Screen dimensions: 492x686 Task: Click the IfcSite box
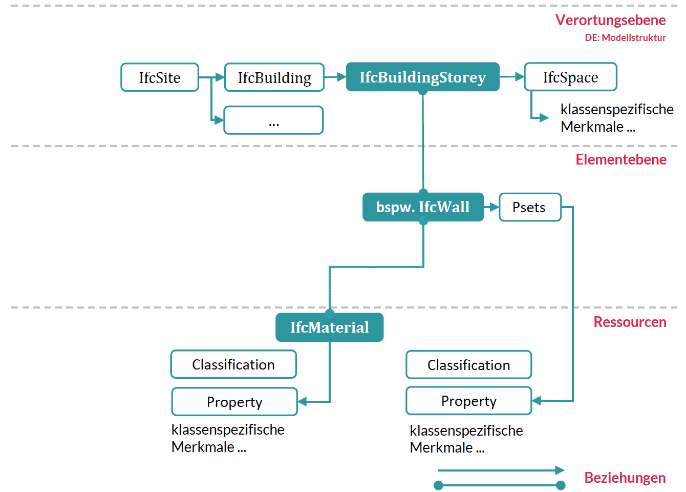160,77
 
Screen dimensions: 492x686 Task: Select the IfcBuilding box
274,77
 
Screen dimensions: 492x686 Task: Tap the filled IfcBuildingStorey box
422,77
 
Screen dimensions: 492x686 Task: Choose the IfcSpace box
570,77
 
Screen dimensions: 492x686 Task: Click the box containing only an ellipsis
273,120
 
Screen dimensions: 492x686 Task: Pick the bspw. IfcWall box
423,207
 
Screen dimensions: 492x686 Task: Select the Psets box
530,207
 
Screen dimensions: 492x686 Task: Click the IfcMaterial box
329,327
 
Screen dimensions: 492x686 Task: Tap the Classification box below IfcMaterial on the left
233,364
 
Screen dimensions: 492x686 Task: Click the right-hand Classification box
468,365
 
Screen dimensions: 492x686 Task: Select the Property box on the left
234,402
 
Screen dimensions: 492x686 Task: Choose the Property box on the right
468,401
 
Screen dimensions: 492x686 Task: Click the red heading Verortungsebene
610,20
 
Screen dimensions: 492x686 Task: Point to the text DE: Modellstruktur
625,37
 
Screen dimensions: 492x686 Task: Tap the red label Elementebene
620,159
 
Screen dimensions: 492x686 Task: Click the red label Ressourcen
630,322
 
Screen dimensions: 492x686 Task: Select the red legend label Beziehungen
625,478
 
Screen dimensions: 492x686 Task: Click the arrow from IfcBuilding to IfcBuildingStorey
335,77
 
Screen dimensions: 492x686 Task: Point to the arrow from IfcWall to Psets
491,207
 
